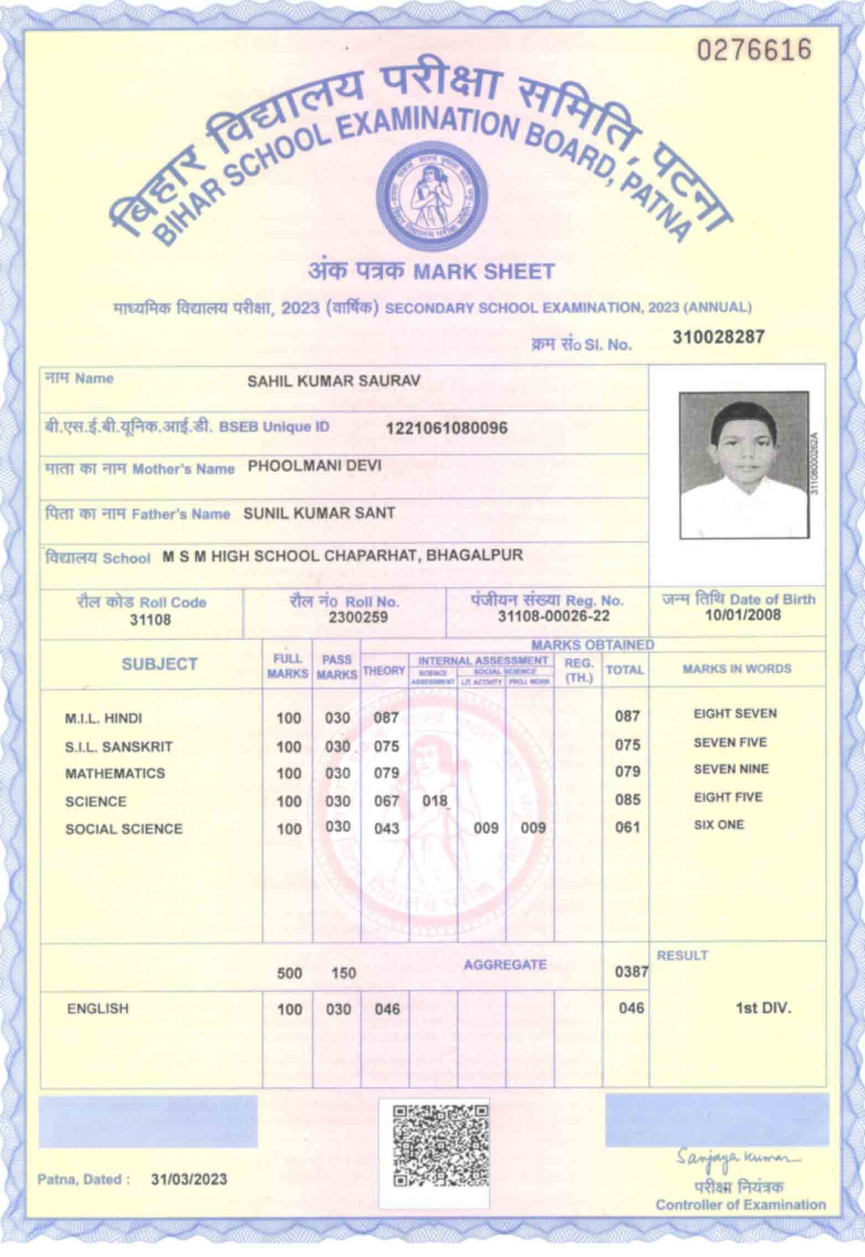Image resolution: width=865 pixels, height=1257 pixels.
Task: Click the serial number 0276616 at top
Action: tap(753, 50)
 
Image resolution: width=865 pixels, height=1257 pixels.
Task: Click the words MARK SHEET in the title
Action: tap(484, 272)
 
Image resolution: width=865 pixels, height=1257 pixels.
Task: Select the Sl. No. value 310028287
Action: tap(718, 337)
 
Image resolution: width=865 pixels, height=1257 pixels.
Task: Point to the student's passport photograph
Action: tap(744, 464)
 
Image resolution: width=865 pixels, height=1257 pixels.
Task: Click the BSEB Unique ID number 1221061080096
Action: tap(446, 428)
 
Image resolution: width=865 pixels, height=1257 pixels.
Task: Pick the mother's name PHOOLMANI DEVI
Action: tap(314, 465)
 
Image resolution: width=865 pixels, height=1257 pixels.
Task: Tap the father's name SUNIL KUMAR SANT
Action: tap(319, 513)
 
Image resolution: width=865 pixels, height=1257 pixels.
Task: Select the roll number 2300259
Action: tap(358, 617)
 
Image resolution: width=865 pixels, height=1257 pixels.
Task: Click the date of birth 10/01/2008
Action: tap(743, 615)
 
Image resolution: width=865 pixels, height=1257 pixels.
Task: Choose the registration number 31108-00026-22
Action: tap(554, 616)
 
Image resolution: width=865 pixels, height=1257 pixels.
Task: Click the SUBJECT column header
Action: tap(159, 664)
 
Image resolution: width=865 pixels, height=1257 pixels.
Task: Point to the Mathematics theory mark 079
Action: tap(386, 773)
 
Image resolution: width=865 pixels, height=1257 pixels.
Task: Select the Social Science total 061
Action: tap(627, 827)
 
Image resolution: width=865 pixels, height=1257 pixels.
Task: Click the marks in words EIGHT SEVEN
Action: tap(735, 714)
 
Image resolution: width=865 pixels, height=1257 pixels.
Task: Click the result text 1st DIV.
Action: tap(763, 1008)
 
